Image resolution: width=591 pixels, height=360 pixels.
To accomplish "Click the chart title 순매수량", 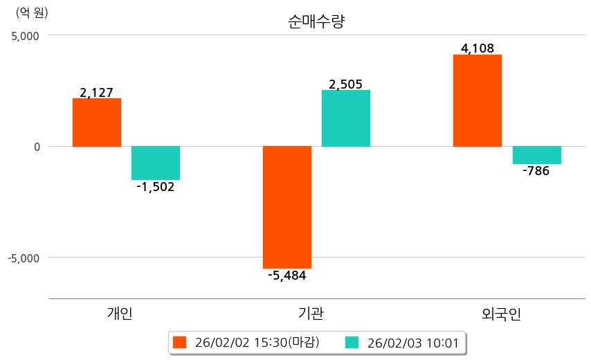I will [316, 21].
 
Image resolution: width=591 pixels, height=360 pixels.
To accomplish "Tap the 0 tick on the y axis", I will [37, 147].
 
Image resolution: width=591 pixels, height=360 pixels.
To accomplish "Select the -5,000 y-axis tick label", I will [24, 258].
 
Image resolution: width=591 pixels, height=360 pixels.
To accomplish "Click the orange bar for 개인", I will [97, 123].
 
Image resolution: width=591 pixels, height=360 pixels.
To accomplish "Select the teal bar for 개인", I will [156, 163].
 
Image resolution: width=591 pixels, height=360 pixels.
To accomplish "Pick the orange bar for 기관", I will [287, 207].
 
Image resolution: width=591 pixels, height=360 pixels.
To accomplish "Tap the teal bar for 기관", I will [346, 118].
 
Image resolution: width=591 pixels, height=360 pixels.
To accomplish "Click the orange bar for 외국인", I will [478, 100].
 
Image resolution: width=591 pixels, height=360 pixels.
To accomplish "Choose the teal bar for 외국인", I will [536, 155].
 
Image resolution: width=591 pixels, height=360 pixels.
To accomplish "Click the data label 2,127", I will [97, 92].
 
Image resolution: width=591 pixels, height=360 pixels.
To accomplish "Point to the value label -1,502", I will [156, 187].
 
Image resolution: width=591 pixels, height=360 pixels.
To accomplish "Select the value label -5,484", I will [287, 276].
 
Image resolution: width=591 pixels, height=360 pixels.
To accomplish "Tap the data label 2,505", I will [346, 84].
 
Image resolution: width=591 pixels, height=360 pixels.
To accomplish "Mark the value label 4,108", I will [478, 48].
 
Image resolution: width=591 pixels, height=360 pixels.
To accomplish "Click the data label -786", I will [536, 171].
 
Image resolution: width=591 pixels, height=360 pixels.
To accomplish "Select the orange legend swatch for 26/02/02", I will [180, 343].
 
